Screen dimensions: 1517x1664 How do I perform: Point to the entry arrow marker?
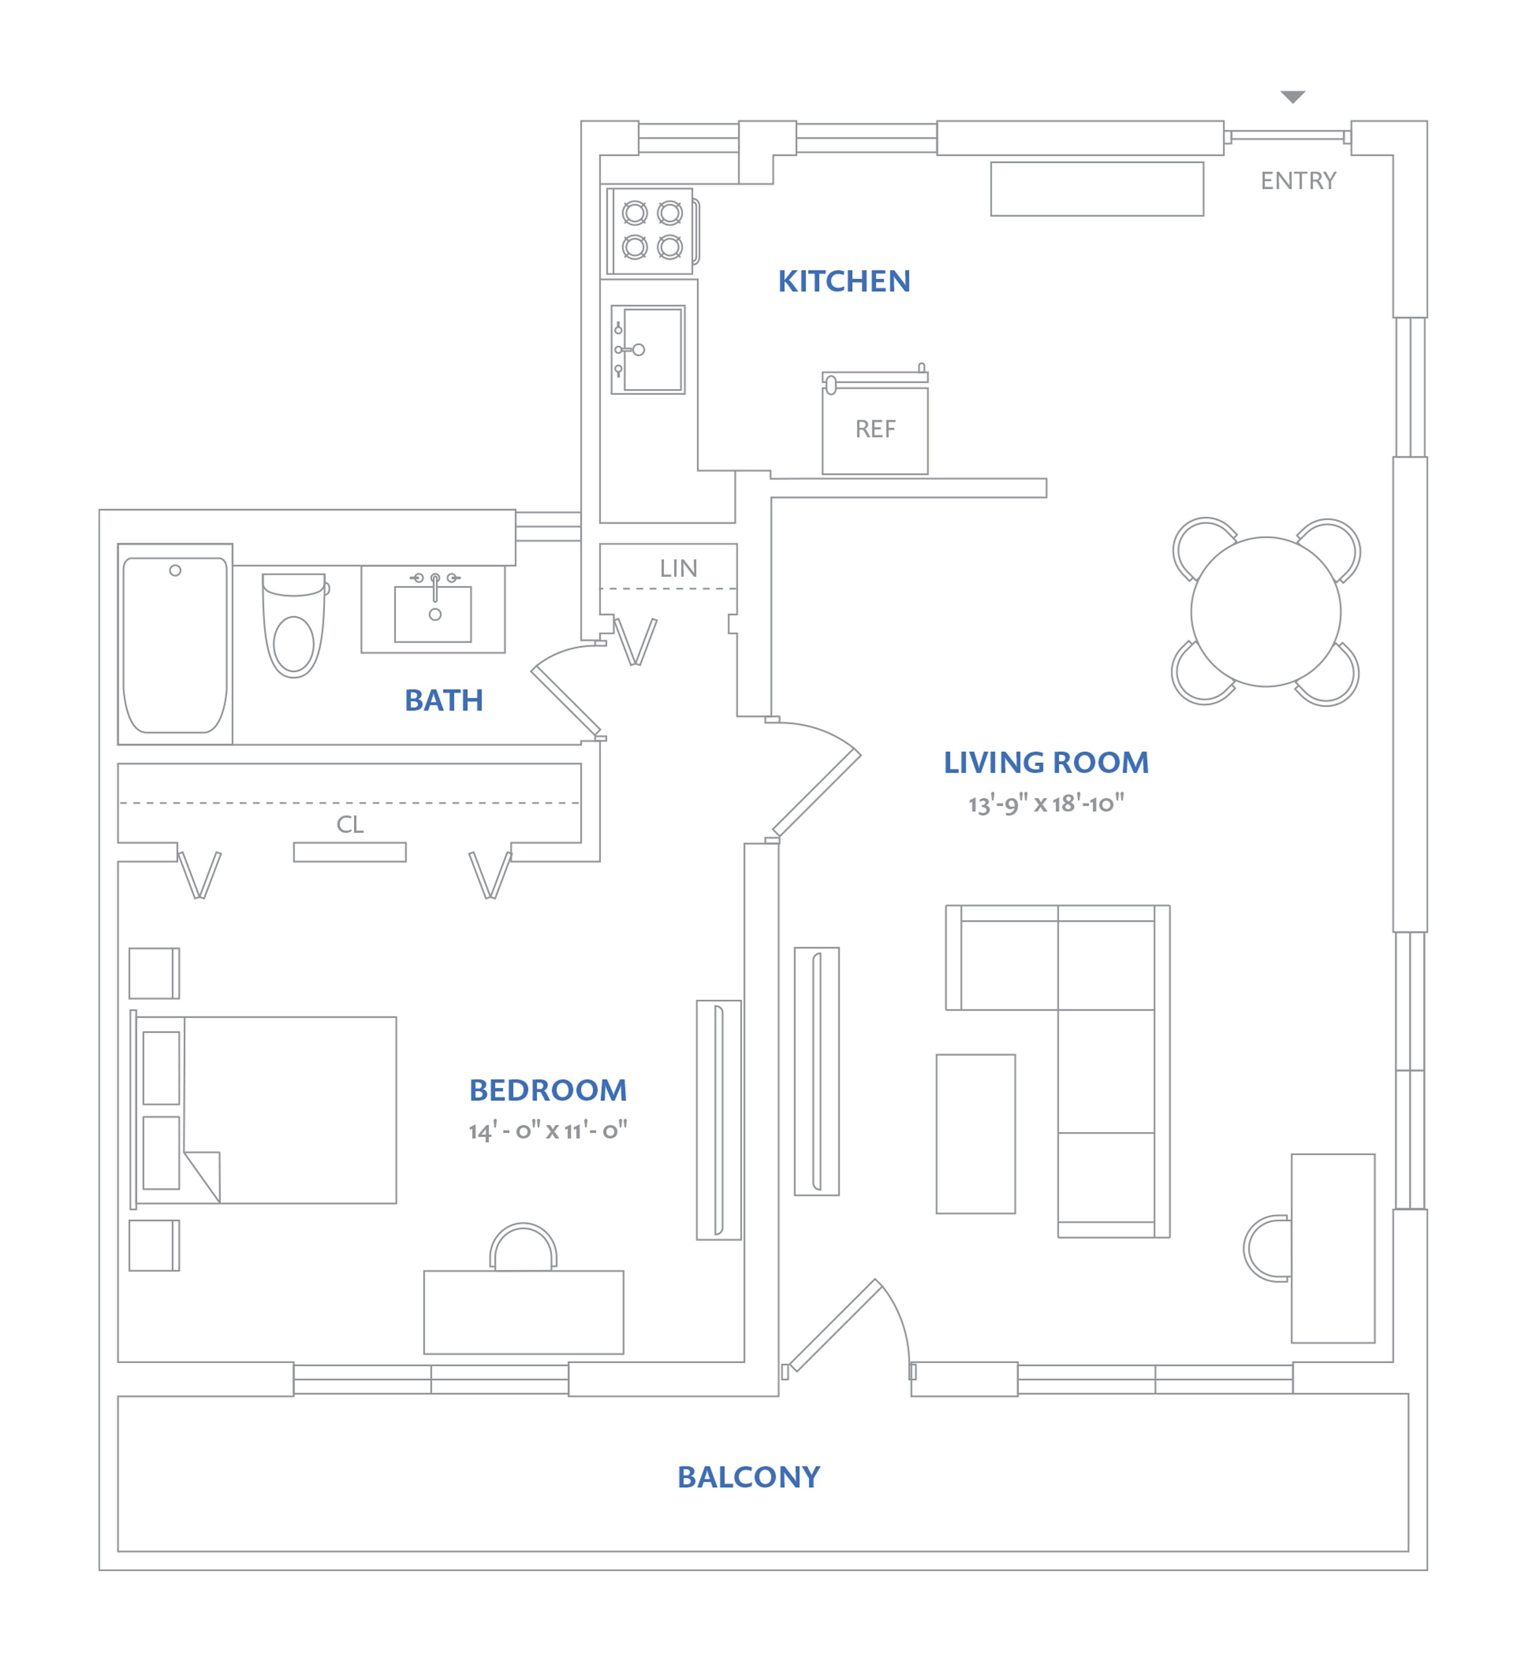pyautogui.click(x=1292, y=97)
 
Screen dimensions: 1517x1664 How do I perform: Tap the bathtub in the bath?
pyautogui.click(x=175, y=645)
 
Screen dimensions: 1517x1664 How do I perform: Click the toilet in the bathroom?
pyautogui.click(x=294, y=625)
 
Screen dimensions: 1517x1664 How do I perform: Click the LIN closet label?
pyautogui.click(x=678, y=569)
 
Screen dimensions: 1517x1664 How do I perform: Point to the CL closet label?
pyautogui.click(x=349, y=825)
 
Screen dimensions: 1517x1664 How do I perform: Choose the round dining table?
pyautogui.click(x=1265, y=612)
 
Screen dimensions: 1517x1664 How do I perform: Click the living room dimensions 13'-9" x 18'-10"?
pyautogui.click(x=1046, y=804)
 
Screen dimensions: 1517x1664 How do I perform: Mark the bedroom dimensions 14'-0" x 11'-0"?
pyautogui.click(x=547, y=1131)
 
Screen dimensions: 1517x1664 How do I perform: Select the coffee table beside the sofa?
pyautogui.click(x=975, y=1134)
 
